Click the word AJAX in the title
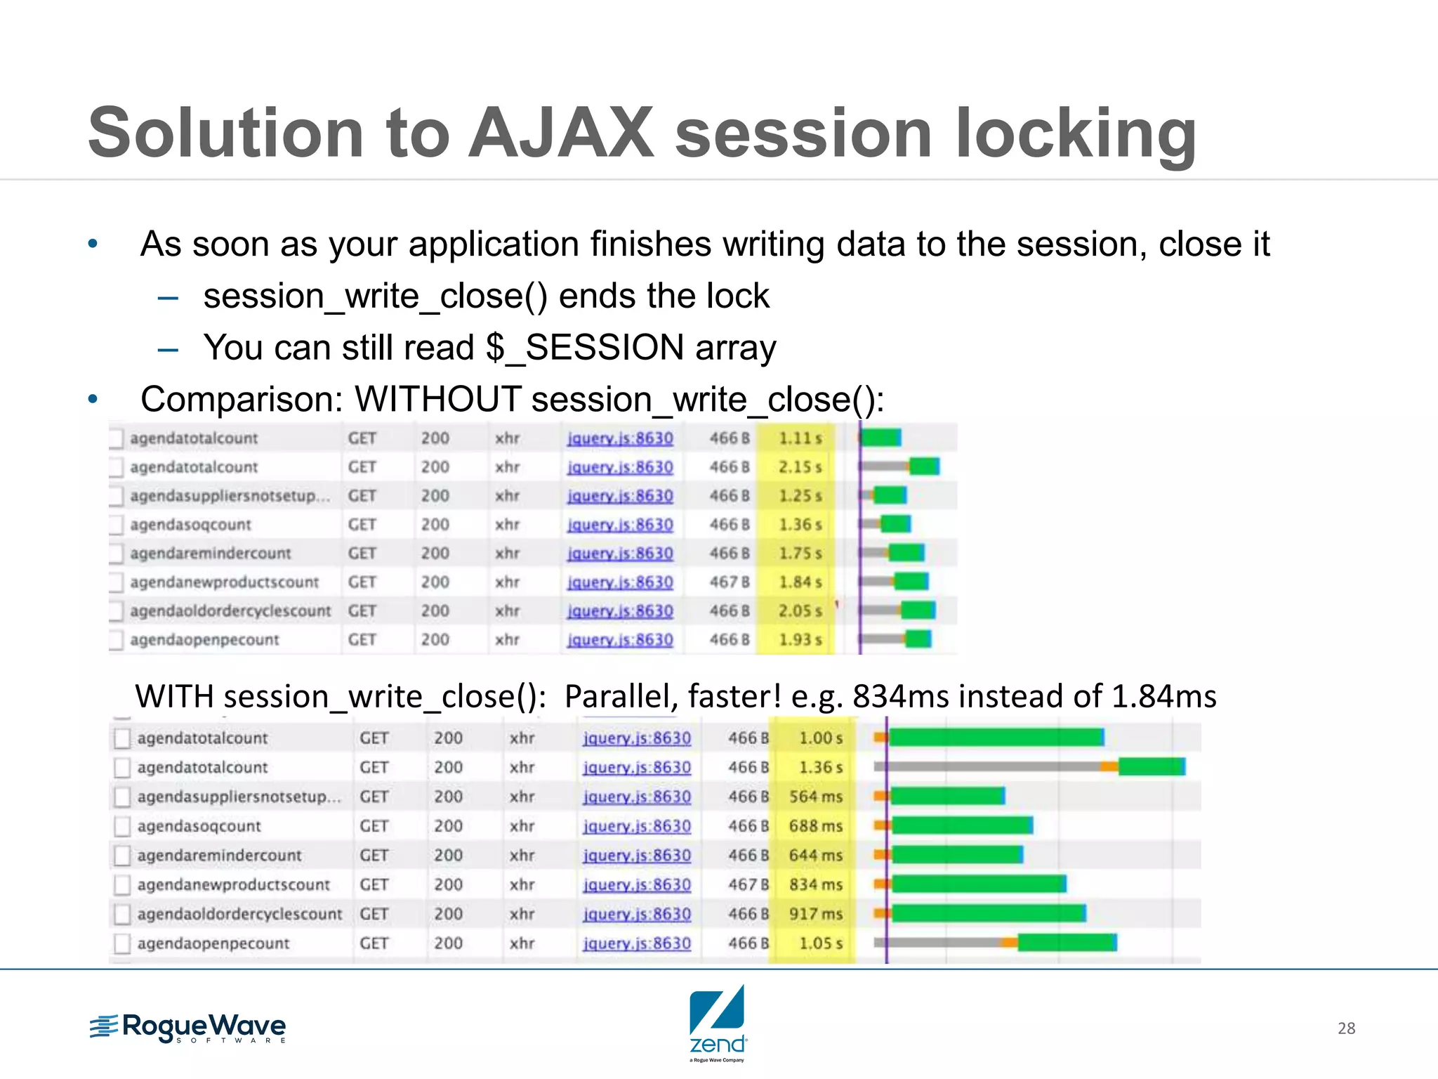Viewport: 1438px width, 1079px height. coord(561,133)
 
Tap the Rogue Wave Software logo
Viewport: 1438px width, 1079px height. coord(188,1028)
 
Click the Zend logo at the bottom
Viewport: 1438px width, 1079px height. coord(717,1021)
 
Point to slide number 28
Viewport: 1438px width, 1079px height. coord(1346,1028)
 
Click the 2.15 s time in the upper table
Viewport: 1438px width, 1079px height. coord(799,467)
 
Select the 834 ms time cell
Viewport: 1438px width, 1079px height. coord(815,884)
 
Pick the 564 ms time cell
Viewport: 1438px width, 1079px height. coord(815,797)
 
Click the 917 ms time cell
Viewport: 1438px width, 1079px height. coord(815,914)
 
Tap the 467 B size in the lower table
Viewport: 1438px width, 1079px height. coord(748,884)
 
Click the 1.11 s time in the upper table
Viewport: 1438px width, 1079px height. coord(799,438)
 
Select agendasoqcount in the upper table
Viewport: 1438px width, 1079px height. coord(190,525)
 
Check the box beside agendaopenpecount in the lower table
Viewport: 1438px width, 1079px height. coord(122,943)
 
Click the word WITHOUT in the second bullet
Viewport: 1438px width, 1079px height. coord(438,400)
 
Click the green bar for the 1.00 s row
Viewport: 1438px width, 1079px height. coord(995,737)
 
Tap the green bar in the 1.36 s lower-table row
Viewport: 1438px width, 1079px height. coord(1151,766)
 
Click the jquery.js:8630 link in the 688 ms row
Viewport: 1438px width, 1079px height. coord(636,826)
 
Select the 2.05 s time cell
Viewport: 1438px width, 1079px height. coord(799,611)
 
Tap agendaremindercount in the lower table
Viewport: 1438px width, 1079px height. coord(219,856)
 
